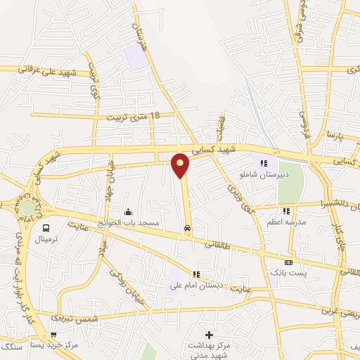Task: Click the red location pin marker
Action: tap(181, 165)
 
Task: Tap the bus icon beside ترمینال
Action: tap(46, 228)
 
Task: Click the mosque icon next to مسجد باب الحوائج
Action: tap(128, 212)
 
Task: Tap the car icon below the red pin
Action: tap(187, 228)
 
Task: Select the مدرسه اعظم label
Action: tap(286, 221)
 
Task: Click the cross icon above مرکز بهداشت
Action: tap(208, 334)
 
